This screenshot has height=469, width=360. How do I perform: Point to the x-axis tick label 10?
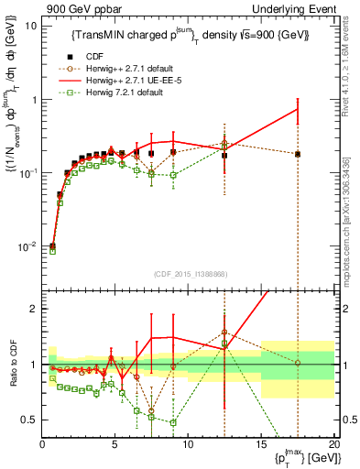pyautogui.click(x=188, y=443)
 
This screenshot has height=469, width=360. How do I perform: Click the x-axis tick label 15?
pyautogui.click(x=261, y=443)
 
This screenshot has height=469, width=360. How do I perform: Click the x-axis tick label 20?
pyautogui.click(x=333, y=443)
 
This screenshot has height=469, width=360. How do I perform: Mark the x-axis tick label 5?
pyautogui.click(x=115, y=443)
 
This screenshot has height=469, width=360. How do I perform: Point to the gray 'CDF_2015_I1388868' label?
pyautogui.click(x=189, y=272)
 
